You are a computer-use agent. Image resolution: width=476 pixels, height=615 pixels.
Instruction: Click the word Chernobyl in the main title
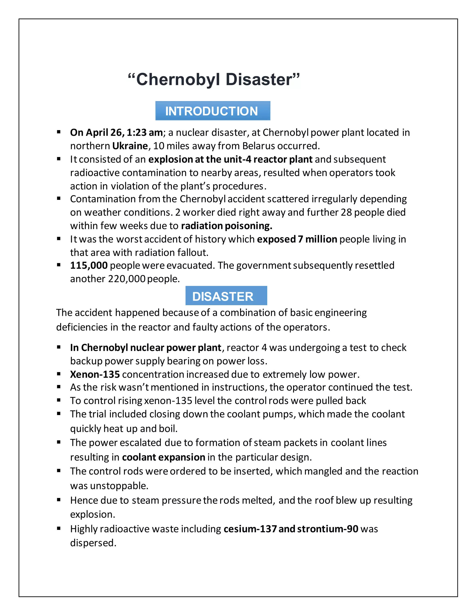pos(178,79)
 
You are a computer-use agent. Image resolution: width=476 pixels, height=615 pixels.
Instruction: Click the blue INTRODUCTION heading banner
pos(213,111)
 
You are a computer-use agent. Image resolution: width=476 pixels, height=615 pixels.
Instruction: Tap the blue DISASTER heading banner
pos(226,296)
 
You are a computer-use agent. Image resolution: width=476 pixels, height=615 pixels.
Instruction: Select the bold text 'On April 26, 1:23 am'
pos(116,132)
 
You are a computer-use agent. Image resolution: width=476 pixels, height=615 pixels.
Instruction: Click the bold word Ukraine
pos(130,146)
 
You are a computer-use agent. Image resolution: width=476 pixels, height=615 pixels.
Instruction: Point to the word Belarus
pos(259,146)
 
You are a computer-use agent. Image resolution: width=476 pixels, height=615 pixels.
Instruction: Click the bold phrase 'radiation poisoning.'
pos(226,226)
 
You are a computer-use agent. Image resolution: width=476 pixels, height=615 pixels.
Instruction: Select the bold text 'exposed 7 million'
pos(297,239)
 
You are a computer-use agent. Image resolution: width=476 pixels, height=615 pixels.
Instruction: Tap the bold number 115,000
pos(89,265)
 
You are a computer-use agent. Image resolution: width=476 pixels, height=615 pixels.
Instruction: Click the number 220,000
pos(127,279)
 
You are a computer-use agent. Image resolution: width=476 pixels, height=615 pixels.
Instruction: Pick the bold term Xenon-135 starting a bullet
pos(95,375)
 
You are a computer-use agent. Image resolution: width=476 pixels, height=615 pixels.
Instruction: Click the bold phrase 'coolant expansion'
pos(164,457)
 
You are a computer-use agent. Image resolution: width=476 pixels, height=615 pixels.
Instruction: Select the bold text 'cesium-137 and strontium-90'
pos(291,529)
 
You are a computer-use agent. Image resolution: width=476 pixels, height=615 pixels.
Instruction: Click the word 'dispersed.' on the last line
pos(93,543)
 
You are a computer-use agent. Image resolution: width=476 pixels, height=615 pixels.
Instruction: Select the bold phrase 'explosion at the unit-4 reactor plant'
pos(230,159)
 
